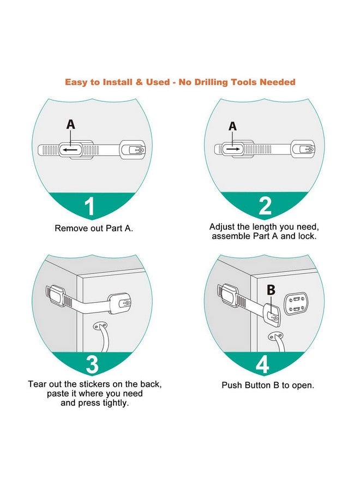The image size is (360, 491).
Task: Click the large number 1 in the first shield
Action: pyautogui.click(x=89, y=207)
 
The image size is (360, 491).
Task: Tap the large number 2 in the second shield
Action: pyautogui.click(x=265, y=206)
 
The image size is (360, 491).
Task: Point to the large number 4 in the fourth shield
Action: pyautogui.click(x=263, y=364)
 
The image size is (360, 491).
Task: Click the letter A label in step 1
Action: pyautogui.click(x=71, y=124)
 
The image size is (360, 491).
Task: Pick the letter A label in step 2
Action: pyautogui.click(x=233, y=126)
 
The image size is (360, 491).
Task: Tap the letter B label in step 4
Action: pyautogui.click(x=271, y=290)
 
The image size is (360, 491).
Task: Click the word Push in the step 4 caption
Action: pyautogui.click(x=232, y=385)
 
